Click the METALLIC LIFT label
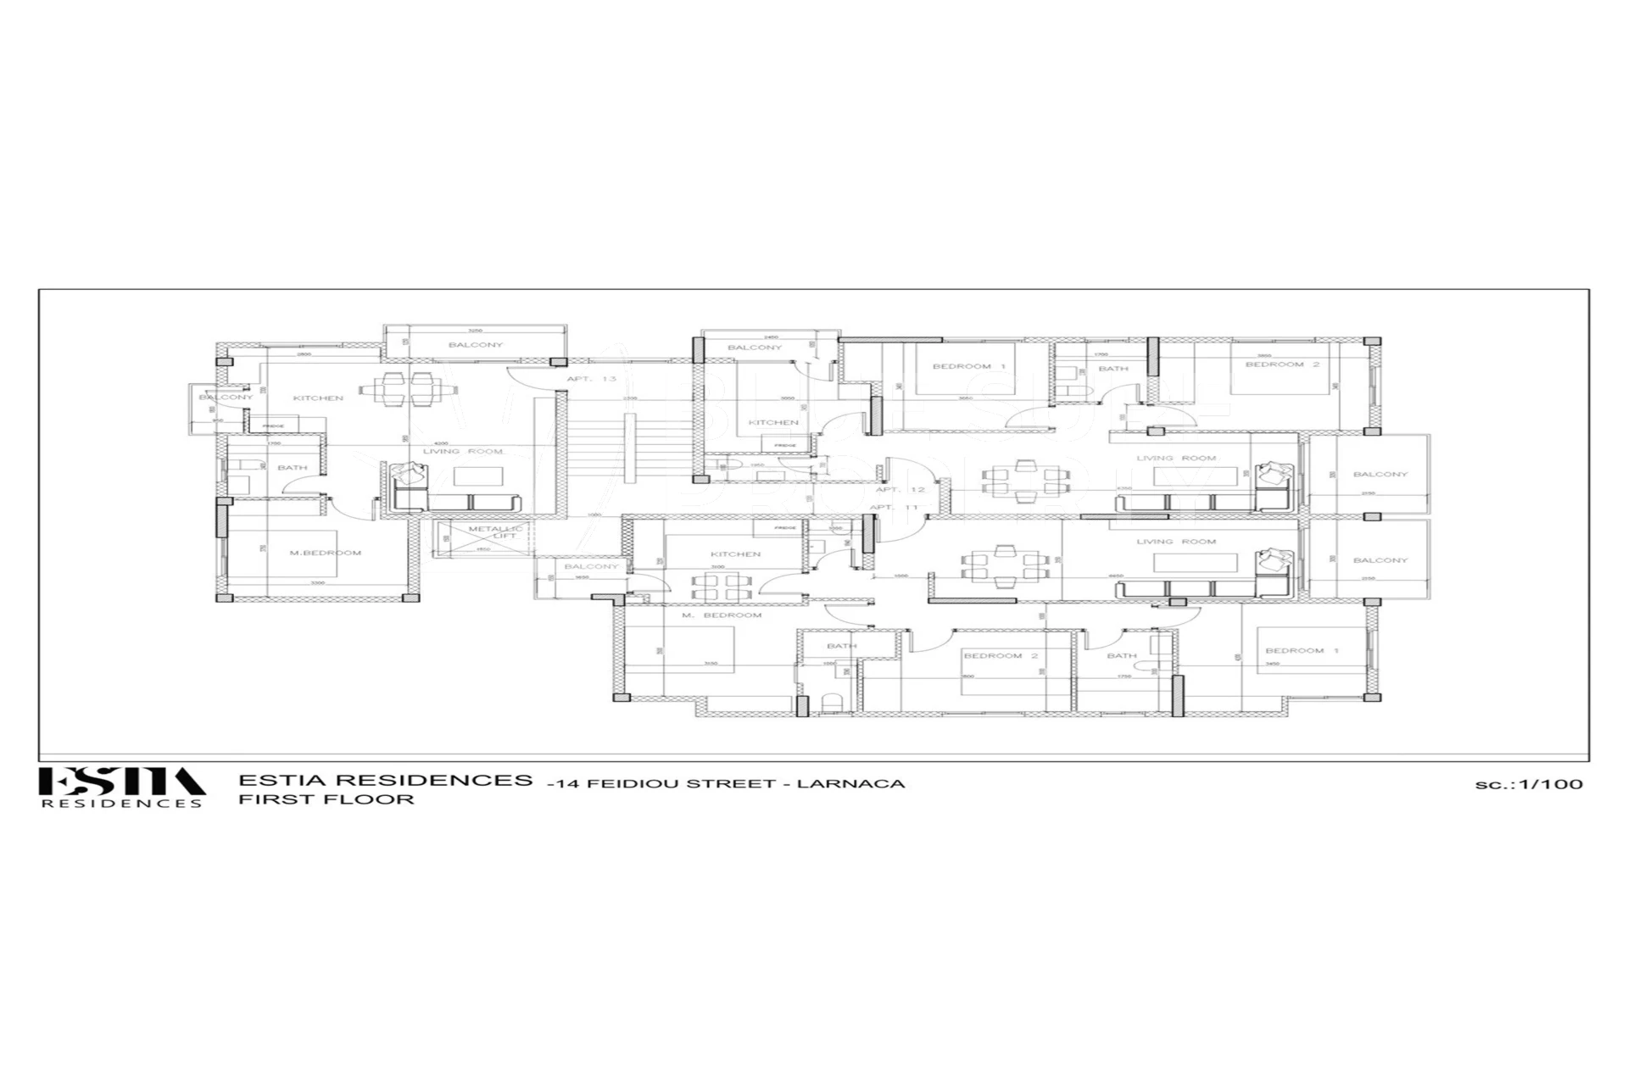click(x=497, y=532)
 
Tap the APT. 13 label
click(x=591, y=379)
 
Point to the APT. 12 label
click(x=900, y=490)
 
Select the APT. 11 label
click(x=894, y=508)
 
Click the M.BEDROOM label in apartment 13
click(x=326, y=553)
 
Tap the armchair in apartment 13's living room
click(x=410, y=474)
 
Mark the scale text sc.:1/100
click(x=1528, y=784)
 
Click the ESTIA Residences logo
click(x=121, y=787)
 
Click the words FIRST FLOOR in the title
click(x=326, y=799)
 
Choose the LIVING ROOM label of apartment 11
click(x=1176, y=542)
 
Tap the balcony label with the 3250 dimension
click(x=476, y=345)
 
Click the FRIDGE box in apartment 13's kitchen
click(x=273, y=426)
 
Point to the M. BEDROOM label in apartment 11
click(x=722, y=615)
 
